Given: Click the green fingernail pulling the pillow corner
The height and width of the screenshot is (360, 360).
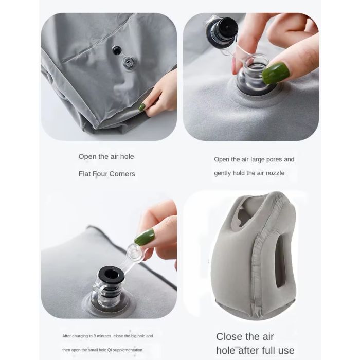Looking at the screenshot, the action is (x=142, y=107).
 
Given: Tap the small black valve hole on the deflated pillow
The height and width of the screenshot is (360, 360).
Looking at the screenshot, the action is (x=117, y=50).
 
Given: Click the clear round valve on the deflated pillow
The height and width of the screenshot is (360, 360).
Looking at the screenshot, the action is (x=129, y=62).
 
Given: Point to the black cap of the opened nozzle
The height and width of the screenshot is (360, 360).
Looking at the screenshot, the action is (x=222, y=30).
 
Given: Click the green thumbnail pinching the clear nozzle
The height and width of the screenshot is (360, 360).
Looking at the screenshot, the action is (x=275, y=73).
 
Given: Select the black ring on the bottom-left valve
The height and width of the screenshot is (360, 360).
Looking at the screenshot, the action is (x=111, y=275).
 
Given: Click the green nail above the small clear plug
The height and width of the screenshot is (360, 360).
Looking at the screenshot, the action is (x=144, y=237).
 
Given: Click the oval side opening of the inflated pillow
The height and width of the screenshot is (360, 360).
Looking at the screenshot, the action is (x=280, y=261).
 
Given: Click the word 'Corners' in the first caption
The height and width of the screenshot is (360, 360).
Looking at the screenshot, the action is (x=122, y=174).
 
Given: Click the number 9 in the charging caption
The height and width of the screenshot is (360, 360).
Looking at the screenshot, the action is (x=95, y=336).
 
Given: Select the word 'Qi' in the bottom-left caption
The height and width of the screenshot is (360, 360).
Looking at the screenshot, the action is (x=109, y=350).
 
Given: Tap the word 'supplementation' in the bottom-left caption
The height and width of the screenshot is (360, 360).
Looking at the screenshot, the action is (x=128, y=350).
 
